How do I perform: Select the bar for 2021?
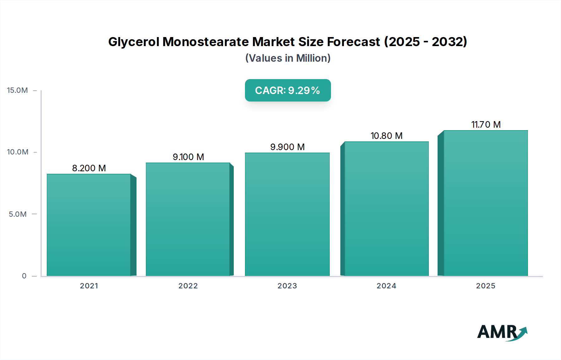(89, 225)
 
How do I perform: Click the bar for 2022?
(188, 219)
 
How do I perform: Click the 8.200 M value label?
(89, 168)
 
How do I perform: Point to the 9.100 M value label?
(188, 157)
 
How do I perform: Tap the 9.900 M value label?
(287, 147)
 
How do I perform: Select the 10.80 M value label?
(386, 136)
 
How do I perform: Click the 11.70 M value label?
(486, 125)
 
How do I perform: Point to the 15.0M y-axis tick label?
(17, 90)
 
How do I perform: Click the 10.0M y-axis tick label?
(17, 152)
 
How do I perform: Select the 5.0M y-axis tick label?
(17, 214)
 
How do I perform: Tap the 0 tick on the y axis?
(24, 276)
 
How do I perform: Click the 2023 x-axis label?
(287, 286)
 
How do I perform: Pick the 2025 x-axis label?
(486, 286)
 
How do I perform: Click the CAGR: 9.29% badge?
(288, 90)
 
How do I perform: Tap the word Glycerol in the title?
(134, 42)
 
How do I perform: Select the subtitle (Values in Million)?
(288, 58)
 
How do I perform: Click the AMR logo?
(502, 332)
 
